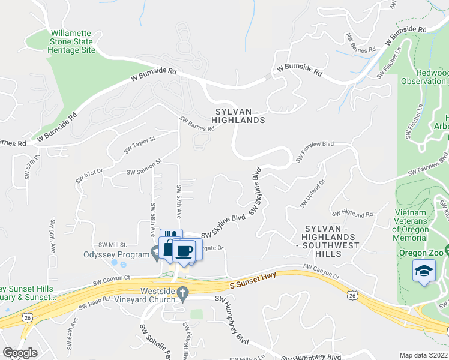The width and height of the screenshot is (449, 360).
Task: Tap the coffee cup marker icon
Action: (x=185, y=250)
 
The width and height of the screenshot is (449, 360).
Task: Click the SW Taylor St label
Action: (x=140, y=145)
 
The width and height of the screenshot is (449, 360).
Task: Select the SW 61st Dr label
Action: (x=89, y=175)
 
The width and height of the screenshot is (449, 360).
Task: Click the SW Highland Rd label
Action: (x=352, y=214)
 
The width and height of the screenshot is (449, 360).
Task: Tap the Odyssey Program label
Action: (x=115, y=254)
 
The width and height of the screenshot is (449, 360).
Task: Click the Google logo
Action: (x=20, y=352)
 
